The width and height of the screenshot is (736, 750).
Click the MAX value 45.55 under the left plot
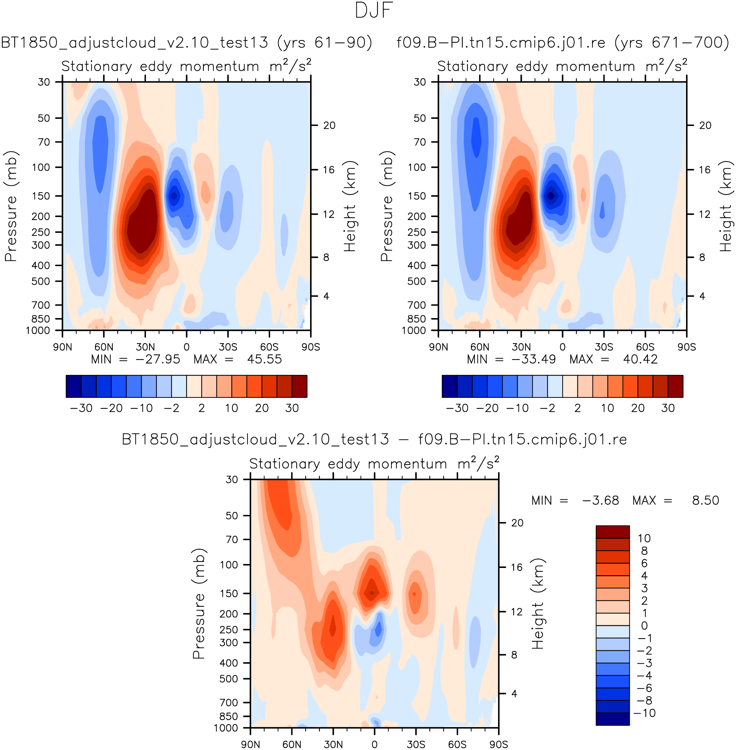(264, 359)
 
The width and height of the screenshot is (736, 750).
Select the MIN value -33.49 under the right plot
(533, 359)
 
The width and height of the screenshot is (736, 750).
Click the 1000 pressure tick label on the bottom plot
(226, 728)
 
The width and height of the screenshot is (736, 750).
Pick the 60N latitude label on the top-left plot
(104, 347)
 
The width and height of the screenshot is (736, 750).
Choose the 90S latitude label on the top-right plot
(686, 347)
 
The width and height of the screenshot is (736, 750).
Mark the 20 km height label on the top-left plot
(329, 125)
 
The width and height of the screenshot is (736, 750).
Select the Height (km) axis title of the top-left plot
(349, 206)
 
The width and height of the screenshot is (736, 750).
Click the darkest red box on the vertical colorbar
(613, 532)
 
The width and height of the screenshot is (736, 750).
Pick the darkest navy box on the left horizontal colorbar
(73, 386)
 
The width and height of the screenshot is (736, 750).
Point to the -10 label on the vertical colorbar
(644, 713)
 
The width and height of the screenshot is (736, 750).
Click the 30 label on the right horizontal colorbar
(667, 408)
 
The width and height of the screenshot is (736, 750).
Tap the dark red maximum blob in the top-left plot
(141, 224)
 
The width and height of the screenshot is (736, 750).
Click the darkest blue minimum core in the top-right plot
(550, 196)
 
